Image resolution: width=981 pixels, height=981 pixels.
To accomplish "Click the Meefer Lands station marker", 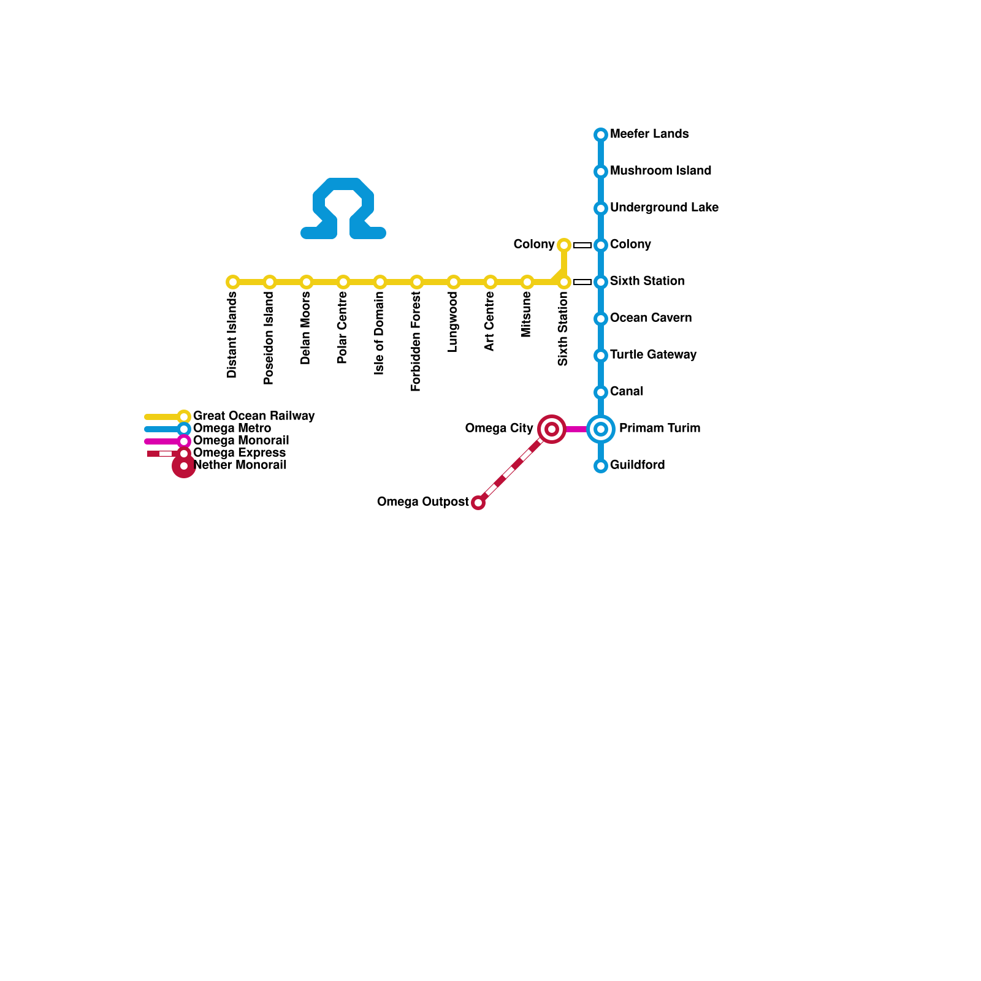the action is (x=601, y=135).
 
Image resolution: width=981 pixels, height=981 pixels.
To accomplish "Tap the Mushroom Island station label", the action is (x=660, y=171).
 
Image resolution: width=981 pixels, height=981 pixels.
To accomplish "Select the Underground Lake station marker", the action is (x=601, y=208).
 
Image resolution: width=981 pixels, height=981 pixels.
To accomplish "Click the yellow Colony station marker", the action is (x=564, y=245).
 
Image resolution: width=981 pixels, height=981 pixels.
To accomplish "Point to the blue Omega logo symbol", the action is (x=343, y=208).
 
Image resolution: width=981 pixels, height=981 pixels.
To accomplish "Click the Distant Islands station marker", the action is (x=233, y=282).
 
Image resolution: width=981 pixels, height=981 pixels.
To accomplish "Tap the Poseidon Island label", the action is (x=269, y=338).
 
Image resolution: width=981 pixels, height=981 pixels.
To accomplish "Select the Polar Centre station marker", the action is (x=343, y=282).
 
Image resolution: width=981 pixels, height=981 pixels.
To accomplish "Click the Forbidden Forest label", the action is (x=416, y=342).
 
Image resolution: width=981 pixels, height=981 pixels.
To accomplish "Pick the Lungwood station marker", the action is (x=454, y=282).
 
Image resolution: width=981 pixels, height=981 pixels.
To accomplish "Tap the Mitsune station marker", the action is (x=527, y=282).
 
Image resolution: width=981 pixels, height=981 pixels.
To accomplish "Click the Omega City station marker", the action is (x=552, y=429).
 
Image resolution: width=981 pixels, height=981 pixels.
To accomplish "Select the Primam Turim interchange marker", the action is (x=601, y=429).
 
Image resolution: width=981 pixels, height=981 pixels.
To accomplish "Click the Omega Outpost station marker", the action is (x=478, y=503).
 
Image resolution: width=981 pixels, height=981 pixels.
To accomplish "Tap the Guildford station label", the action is (x=637, y=465).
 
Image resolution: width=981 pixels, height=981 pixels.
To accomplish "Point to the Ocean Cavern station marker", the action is (x=601, y=319).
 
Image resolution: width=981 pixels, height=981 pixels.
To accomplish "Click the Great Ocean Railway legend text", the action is (x=253, y=416).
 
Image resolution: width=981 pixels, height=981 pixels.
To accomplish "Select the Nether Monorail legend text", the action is (x=240, y=465).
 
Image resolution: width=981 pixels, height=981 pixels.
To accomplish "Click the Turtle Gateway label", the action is (x=653, y=355).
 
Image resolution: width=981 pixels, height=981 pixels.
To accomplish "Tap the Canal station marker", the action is (x=601, y=392).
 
